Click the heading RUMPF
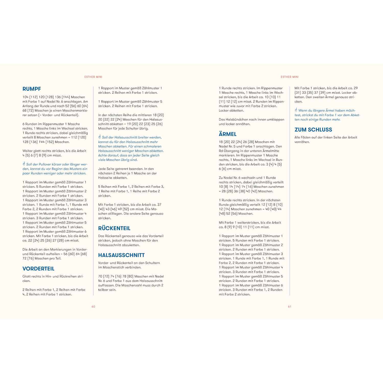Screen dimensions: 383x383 click(32, 89)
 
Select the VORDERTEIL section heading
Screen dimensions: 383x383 click(38, 269)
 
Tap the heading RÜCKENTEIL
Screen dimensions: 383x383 click(114, 228)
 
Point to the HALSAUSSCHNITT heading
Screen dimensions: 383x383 click(121, 255)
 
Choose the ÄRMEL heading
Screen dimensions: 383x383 click(228, 134)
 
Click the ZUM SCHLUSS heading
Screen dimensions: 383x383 click(313, 130)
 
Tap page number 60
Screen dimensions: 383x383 click(93, 306)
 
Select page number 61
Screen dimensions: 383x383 click(290, 306)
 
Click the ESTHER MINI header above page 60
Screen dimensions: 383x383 click(93, 77)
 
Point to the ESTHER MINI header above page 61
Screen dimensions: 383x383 click(290, 77)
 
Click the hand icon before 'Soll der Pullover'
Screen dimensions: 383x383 click(24, 164)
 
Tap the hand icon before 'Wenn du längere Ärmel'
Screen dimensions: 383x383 click(296, 110)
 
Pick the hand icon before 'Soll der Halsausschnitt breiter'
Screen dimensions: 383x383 click(100, 137)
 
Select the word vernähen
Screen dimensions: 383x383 click(302, 142)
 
